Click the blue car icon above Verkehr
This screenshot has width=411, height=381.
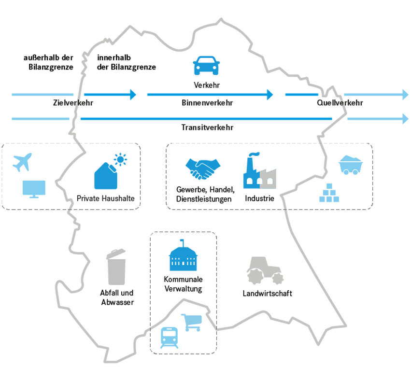tap(206, 66)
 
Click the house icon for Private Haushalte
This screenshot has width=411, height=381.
tap(106, 175)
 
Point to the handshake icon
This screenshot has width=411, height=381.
tap(203, 169)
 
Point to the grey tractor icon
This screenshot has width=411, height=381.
tap(265, 270)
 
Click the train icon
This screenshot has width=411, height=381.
tap(170, 338)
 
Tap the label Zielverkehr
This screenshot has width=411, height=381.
tap(73, 103)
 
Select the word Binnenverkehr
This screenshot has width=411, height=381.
tap(208, 103)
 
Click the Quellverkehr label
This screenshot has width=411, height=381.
tap(340, 103)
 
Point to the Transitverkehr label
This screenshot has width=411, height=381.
tap(207, 127)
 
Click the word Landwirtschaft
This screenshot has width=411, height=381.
tap(267, 293)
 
